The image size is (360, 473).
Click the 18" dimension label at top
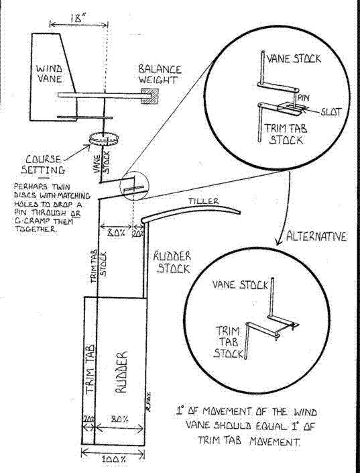point(76,18)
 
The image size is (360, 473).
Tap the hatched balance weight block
point(149,96)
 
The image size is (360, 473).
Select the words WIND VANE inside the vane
point(49,74)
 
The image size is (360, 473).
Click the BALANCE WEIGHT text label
point(160,74)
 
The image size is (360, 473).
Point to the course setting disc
point(104,139)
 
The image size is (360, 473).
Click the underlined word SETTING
point(43,170)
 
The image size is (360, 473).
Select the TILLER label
point(204,201)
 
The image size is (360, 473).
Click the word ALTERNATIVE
point(316,236)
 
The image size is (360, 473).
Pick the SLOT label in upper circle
point(331,112)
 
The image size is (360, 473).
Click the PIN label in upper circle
point(304,98)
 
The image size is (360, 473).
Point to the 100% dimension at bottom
point(113,460)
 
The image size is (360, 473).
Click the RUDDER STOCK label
point(172,262)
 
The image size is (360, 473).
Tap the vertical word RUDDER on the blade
point(121,372)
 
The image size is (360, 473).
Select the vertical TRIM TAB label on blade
point(90,369)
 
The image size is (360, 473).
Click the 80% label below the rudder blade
point(119,419)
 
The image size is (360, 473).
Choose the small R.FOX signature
point(149,402)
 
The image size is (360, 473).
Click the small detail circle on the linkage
point(135,186)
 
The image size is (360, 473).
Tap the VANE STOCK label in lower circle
point(240,284)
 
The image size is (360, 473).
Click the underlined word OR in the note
point(76,213)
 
